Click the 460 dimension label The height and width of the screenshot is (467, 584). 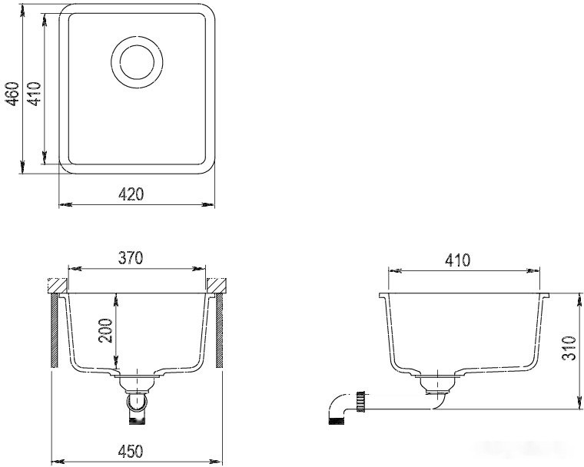(13, 94)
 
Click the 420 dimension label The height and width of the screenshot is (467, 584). (131, 194)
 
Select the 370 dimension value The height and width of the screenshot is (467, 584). (131, 258)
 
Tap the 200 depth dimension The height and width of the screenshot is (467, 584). (105, 331)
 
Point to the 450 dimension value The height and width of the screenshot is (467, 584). (131, 451)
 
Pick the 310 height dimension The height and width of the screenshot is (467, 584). (569, 348)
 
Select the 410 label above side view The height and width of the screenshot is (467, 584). (458, 260)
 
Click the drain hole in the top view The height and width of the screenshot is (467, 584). (137, 62)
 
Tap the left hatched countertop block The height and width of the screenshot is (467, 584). (58, 285)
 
